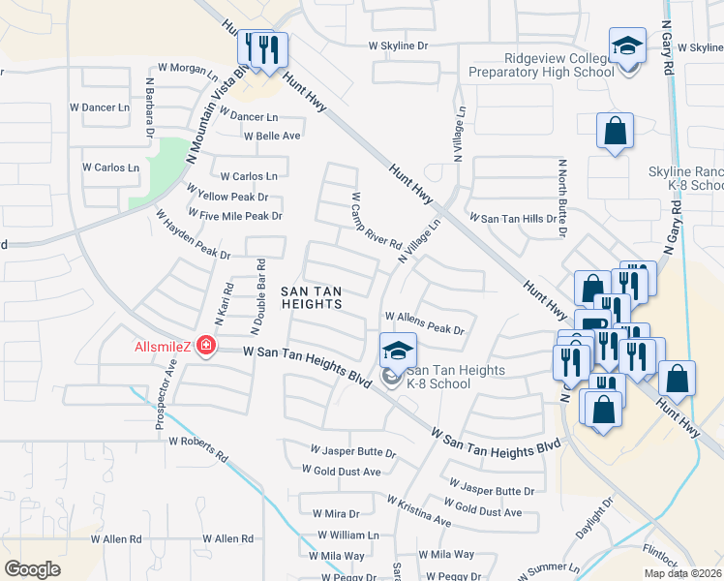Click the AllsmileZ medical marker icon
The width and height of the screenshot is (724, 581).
pyautogui.click(x=205, y=346)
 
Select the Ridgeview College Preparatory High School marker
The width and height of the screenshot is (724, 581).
pyautogui.click(x=627, y=46)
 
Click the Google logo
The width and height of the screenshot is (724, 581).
pyautogui.click(x=32, y=569)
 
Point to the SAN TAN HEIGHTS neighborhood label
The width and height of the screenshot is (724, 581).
pyautogui.click(x=312, y=297)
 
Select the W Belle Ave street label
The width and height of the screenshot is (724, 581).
pyautogui.click(x=272, y=137)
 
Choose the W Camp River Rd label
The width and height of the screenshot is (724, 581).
pyautogui.click(x=377, y=221)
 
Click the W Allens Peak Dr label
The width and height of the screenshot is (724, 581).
pyautogui.click(x=425, y=322)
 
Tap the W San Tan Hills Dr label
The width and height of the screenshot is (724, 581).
pyautogui.click(x=514, y=219)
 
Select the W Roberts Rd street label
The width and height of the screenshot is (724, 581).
pyautogui.click(x=197, y=447)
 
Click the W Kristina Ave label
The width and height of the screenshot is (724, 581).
pyautogui.click(x=419, y=512)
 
